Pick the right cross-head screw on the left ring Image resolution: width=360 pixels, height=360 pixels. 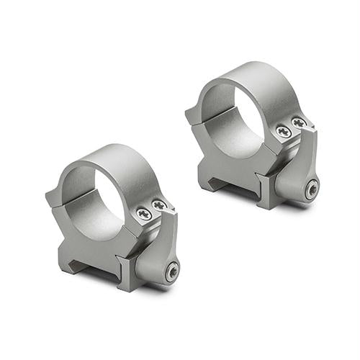click(x=159, y=206)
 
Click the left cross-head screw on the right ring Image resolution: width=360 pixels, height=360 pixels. click(x=284, y=132)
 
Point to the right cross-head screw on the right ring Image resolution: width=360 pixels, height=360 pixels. click(x=299, y=124)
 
